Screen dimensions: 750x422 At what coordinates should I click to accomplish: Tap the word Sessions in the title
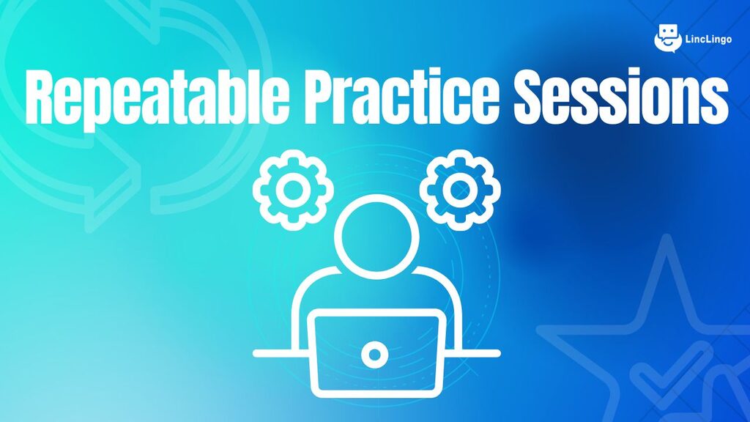(x=621, y=96)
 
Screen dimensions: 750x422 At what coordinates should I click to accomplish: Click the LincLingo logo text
(x=708, y=40)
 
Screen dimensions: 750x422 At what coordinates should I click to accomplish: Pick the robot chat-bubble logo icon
(x=668, y=38)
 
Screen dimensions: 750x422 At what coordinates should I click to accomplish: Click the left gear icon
(x=293, y=190)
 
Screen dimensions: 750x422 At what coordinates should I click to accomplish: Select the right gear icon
(x=460, y=190)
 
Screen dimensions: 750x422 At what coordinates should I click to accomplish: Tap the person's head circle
(x=376, y=237)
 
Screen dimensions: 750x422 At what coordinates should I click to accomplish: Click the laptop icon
(x=376, y=353)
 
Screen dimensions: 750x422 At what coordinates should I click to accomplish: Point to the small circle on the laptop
(x=375, y=355)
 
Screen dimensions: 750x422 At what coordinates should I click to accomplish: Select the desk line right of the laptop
(x=473, y=354)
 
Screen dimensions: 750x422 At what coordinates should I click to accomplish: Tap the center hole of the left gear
(x=293, y=190)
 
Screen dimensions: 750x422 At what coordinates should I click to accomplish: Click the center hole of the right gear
(x=460, y=190)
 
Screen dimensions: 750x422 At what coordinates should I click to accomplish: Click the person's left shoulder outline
(x=306, y=292)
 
